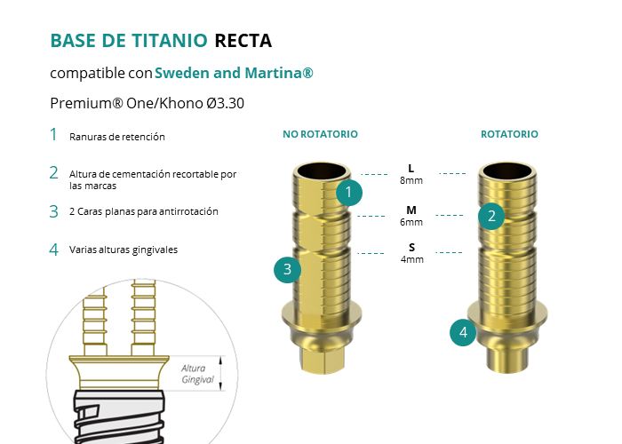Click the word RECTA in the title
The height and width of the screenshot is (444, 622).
coord(243,41)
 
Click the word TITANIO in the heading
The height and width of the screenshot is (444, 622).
coord(170,41)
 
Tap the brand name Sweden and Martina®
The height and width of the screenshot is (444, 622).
coord(234,73)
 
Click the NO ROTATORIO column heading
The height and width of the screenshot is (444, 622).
coord(320,134)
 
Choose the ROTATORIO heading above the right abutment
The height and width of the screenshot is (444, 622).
coord(509,134)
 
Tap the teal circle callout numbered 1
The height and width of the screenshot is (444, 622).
coord(349,193)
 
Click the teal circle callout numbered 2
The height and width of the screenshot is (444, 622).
coord(491,216)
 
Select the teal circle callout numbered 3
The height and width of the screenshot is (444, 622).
coord(288,270)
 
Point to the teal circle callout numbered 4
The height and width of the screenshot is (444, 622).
coord(463,332)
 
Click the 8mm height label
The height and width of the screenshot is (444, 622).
coord(411,180)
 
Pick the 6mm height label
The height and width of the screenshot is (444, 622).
coord(411,222)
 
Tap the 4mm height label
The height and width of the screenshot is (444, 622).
coord(411,259)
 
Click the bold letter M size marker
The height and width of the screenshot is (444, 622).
coord(411,210)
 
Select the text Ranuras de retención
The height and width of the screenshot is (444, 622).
coord(117,137)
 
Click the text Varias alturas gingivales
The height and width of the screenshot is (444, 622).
coord(124,250)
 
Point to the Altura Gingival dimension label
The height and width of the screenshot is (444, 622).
coord(197,374)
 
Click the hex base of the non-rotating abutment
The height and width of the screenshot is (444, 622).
coord(322,361)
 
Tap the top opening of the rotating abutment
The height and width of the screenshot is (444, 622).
coord(507,170)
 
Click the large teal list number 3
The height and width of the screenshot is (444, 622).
coord(54,211)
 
